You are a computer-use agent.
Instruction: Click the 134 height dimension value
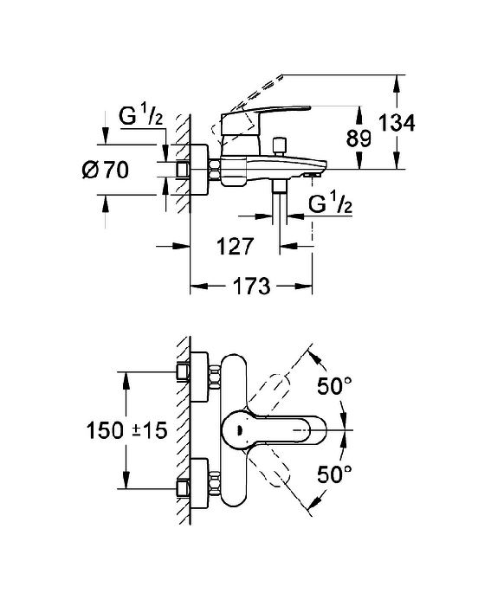tap(396, 123)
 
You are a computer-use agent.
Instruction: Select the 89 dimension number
tap(359, 138)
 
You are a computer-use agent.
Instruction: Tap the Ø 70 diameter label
tap(105, 170)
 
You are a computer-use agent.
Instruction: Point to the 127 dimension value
tap(235, 246)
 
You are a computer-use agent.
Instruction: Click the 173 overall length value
tap(252, 287)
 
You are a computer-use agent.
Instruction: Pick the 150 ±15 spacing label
tap(126, 430)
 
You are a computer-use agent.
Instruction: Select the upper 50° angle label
tap(334, 386)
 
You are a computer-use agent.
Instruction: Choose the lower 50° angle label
tap(334, 474)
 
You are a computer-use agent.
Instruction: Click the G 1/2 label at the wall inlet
tap(141, 115)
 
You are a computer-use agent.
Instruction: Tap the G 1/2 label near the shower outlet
tap(331, 203)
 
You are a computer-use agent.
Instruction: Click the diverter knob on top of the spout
tap(279, 145)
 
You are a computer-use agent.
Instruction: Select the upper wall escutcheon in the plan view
tap(200, 377)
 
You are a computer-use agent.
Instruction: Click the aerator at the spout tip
tap(313, 175)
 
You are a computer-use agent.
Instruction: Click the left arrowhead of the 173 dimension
tap(198, 287)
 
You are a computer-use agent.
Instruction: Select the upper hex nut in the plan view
tap(215, 376)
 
